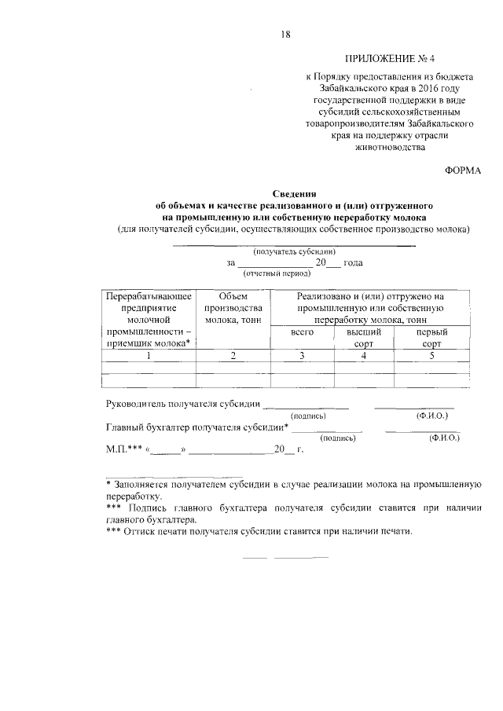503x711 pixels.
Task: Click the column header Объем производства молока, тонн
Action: point(233,308)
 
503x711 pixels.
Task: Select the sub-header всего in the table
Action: point(302,332)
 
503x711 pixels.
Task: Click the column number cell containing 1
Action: point(149,356)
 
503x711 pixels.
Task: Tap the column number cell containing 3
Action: point(302,356)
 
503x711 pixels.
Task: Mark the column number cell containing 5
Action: point(431,356)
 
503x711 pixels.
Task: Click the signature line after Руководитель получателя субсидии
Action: point(306,406)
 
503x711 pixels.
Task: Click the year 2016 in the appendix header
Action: point(420,90)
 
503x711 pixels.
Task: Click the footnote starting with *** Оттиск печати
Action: point(259,530)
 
